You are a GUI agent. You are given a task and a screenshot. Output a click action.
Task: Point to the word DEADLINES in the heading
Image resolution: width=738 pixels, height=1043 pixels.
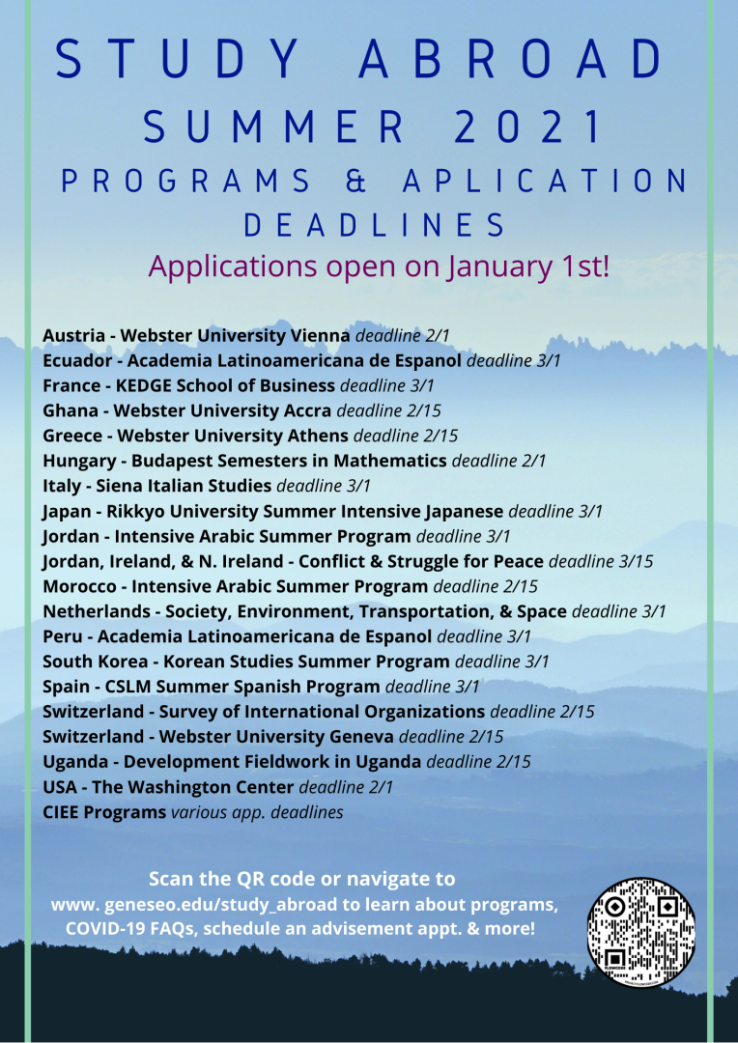(374, 226)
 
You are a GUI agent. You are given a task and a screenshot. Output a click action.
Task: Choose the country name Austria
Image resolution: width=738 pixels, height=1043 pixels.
(73, 336)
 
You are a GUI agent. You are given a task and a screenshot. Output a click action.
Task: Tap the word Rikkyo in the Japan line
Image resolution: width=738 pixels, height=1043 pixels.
(141, 511)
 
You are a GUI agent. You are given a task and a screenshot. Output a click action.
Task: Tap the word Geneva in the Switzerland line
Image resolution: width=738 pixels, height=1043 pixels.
(355, 737)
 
